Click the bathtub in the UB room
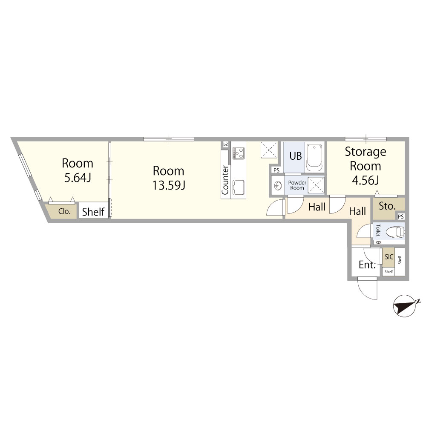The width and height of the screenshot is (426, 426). point(314,157)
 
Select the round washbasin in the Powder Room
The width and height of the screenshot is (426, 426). point(278,186)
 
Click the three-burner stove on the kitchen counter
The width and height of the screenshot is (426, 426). point(239,153)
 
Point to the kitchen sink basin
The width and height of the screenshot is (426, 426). point(238,187)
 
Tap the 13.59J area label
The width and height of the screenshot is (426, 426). point(169,185)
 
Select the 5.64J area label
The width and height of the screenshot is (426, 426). point(78,178)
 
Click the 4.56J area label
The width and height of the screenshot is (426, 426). point(366,180)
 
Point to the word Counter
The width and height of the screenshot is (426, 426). point(225,180)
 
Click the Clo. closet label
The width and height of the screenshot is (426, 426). point(64,211)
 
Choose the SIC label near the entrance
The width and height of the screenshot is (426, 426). point(389,257)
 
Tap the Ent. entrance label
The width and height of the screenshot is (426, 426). point(367,265)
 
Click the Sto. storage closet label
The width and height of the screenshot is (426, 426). point(387,206)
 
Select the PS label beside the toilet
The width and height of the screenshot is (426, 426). point(401,216)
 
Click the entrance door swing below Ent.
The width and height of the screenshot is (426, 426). point(367,289)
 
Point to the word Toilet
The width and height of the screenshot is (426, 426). point(378,230)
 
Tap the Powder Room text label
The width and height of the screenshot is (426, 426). point(297,185)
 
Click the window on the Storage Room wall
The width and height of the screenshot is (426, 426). point(366,139)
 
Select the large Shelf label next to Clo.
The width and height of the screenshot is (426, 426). point(93,212)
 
